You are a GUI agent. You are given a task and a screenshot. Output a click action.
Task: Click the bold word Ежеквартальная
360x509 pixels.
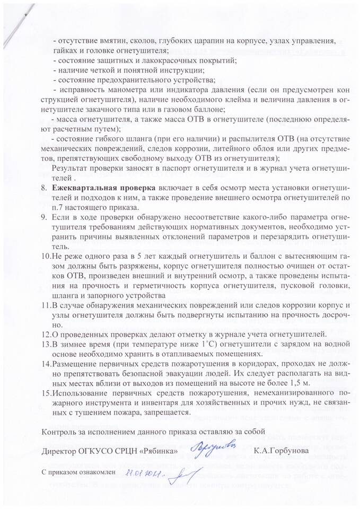coord(87,188)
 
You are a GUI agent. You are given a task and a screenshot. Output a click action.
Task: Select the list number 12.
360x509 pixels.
coord(47,334)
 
